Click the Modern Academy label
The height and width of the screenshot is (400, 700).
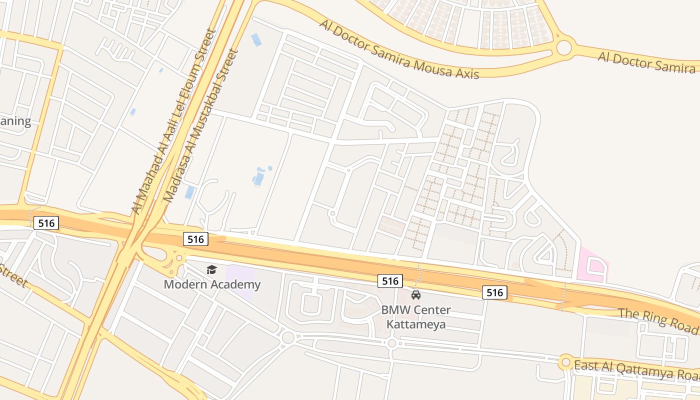pos(212,284)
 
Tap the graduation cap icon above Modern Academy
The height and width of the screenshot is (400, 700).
pos(212,270)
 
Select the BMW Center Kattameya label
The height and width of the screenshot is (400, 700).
pos(415,316)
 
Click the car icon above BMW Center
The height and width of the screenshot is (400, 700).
pos(416,295)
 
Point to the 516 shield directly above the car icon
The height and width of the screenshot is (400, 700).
pos(390,281)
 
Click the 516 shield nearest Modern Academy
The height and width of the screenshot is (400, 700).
pos(195,239)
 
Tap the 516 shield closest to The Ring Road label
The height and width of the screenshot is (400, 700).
pos(494,292)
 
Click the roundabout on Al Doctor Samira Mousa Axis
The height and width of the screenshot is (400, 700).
pos(563,48)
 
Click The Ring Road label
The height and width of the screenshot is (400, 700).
pos(658,320)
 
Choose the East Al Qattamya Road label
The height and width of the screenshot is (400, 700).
pos(636,369)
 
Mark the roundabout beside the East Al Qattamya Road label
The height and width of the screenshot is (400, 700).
pos(565,362)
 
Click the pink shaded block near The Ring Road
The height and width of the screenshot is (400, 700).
pos(592,263)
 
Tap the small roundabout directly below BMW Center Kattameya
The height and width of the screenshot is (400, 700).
pos(392,343)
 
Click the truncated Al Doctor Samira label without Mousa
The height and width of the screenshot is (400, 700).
pos(647,62)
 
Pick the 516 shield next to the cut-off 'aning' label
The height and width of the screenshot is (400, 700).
pos(46,223)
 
